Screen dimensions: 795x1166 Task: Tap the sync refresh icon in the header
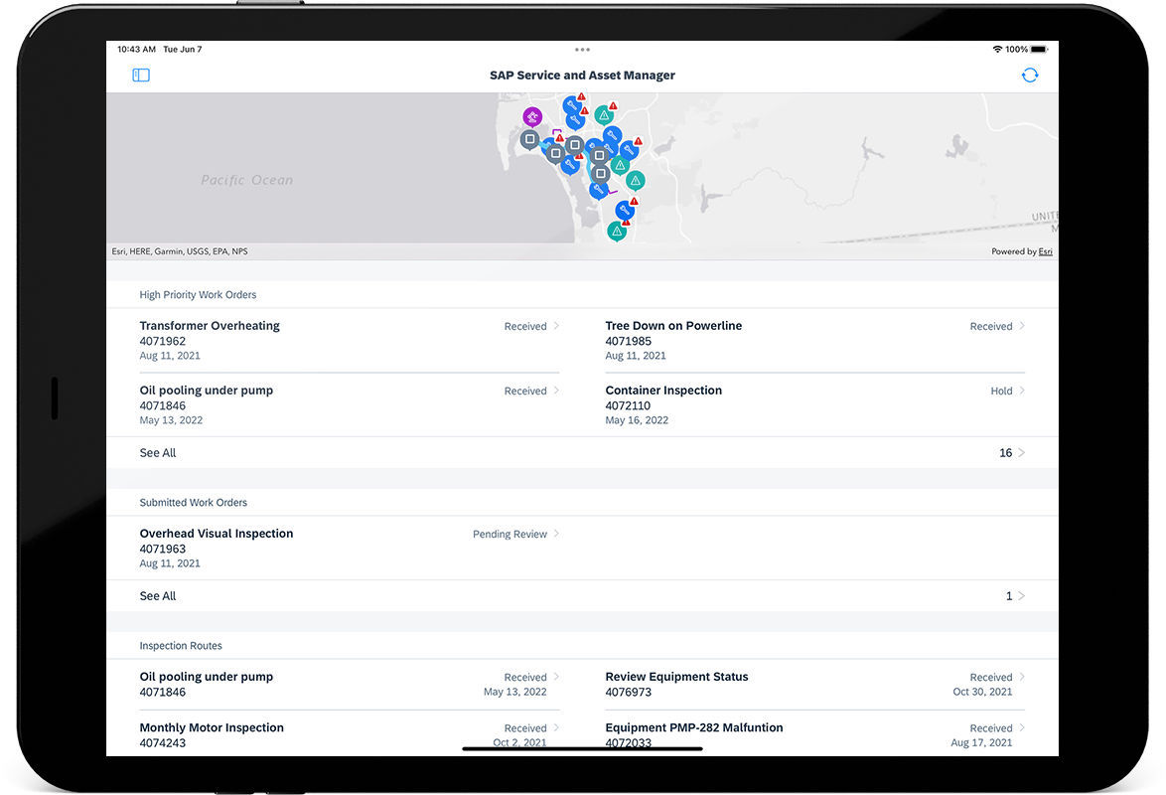(x=1030, y=76)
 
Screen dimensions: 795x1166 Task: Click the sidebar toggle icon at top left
(x=141, y=76)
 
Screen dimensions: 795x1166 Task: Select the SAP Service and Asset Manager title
(x=582, y=76)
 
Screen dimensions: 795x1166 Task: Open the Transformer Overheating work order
(x=210, y=326)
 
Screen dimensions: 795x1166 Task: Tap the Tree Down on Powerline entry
(x=673, y=326)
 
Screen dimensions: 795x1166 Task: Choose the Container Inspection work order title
(x=663, y=391)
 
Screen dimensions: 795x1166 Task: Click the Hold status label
(x=1001, y=392)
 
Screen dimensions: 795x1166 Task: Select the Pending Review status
(x=510, y=535)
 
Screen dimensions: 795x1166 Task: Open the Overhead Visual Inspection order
(x=217, y=534)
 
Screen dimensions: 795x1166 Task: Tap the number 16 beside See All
(x=1005, y=453)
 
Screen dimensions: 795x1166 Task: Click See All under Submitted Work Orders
(x=158, y=596)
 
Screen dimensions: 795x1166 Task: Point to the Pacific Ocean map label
(x=247, y=180)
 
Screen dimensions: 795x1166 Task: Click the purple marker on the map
(x=532, y=116)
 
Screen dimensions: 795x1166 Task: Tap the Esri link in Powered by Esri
(x=1045, y=252)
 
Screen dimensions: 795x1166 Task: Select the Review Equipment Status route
(x=676, y=677)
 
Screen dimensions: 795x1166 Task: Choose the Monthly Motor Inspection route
(x=212, y=728)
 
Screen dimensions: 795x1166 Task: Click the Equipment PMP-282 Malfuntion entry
(x=694, y=728)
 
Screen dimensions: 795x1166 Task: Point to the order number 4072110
(x=628, y=406)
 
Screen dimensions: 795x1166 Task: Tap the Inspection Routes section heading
(x=181, y=646)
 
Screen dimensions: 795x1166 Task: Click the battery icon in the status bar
(x=1039, y=49)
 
